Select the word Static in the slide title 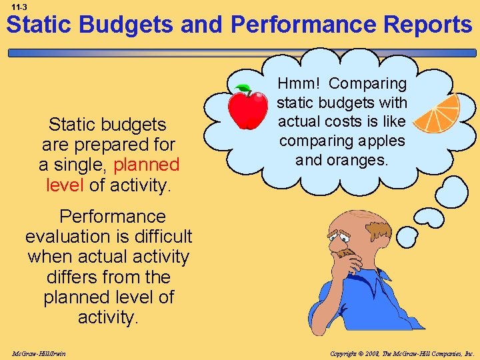pos(40,25)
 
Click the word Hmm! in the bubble pos(299,84)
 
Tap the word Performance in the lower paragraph pos(113,217)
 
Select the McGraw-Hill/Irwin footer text pos(39,353)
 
